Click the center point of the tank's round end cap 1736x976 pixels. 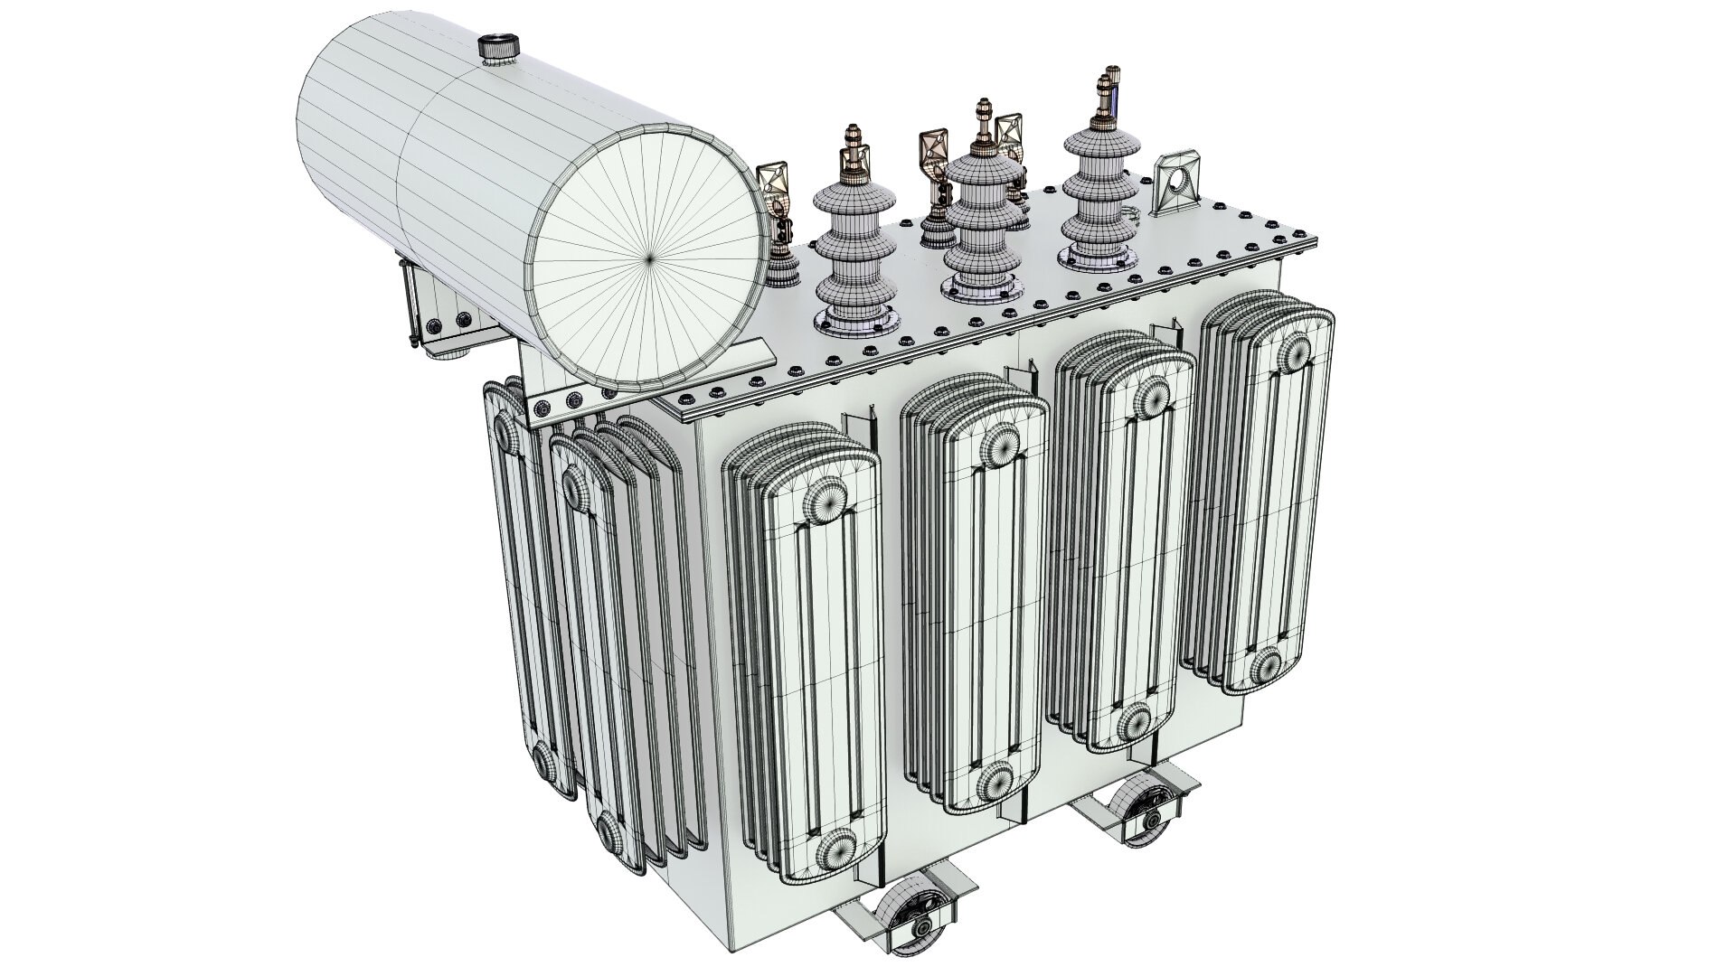coord(648,258)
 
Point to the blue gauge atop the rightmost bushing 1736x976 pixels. coord(1118,96)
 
